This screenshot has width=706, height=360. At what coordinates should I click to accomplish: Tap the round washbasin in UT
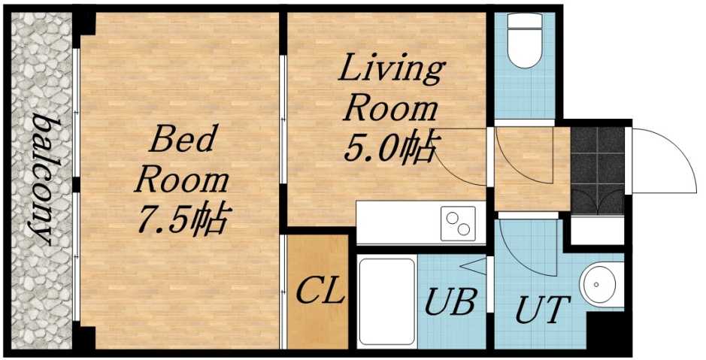tap(601, 286)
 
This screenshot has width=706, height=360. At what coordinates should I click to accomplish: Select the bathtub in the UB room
tap(386, 298)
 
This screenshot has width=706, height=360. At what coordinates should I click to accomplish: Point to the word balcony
tap(40, 180)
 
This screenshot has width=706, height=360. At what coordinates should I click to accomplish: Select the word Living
tap(391, 71)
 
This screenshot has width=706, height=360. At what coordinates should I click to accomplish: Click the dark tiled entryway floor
tap(598, 169)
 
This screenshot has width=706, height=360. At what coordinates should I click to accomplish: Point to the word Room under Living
tap(390, 110)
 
